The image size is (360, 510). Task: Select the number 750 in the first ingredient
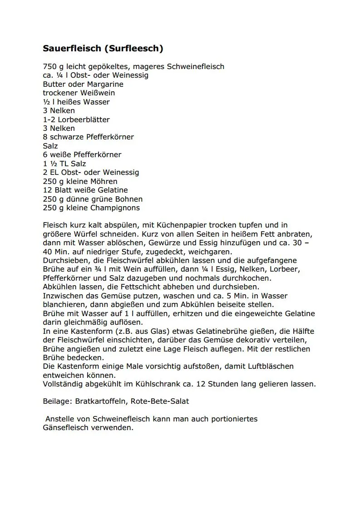tap(49, 67)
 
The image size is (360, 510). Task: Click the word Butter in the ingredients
tap(54, 84)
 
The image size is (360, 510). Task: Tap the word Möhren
tap(104, 181)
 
